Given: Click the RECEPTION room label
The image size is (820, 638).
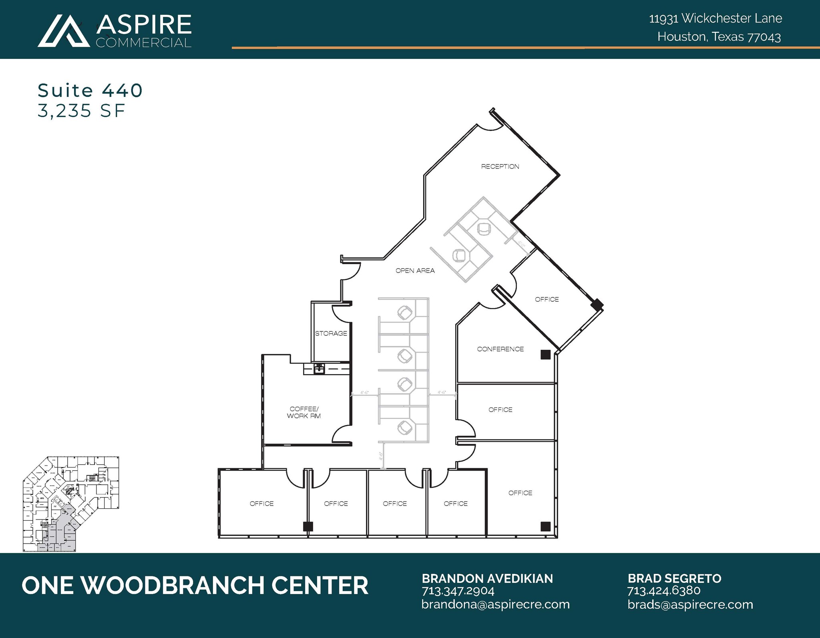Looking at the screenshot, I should click(x=500, y=167).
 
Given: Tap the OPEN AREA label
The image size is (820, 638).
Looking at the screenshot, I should click(x=415, y=271).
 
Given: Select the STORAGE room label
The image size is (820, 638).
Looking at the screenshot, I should click(x=331, y=333).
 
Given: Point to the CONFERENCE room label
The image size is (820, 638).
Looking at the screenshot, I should click(x=500, y=349).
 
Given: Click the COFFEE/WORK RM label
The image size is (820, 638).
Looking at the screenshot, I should click(x=304, y=413).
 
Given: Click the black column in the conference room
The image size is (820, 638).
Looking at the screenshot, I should click(x=545, y=354).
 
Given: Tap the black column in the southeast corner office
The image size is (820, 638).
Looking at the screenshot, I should click(x=545, y=526).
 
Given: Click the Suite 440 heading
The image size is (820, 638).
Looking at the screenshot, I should click(x=90, y=90).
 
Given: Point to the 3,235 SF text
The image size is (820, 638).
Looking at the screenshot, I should click(x=82, y=111).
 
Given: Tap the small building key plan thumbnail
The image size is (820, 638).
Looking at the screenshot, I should click(x=71, y=504).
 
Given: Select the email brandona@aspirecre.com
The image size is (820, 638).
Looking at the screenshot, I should click(x=495, y=604).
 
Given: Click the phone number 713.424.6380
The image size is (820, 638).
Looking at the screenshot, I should click(x=663, y=591).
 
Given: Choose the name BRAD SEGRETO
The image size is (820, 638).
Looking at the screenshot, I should click(x=674, y=578).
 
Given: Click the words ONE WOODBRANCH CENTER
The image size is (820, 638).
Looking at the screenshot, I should click(x=195, y=585).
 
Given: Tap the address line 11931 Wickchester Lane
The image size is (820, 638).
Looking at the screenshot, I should click(x=715, y=18).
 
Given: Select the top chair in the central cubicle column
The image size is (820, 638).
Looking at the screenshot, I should click(x=405, y=313).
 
